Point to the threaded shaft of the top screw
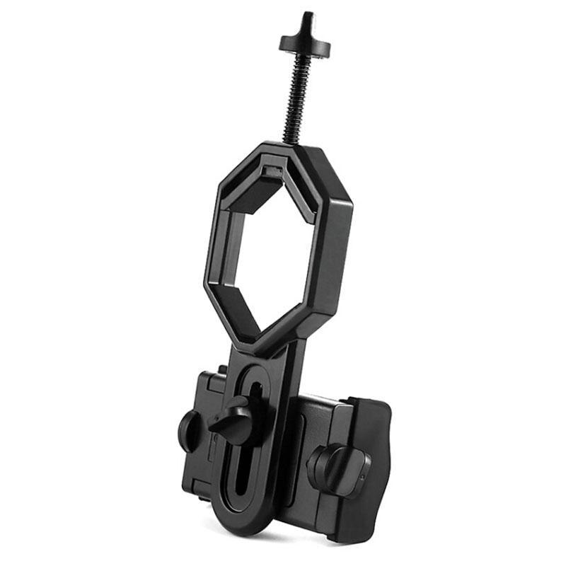click(x=296, y=99)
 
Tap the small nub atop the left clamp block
click(x=222, y=369)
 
